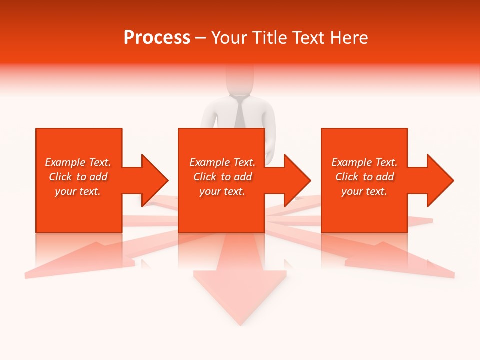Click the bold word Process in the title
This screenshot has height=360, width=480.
157,38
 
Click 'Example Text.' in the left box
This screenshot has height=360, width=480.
78,162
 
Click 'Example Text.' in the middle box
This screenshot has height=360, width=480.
222,162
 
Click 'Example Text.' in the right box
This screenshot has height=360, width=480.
364,162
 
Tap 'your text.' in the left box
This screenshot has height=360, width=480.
78,191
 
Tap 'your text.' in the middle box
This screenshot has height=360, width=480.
222,191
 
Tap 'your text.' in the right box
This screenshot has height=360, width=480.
364,191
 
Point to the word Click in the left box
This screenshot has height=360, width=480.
60,177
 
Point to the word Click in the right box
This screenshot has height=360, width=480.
347,177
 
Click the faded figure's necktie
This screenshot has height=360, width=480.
240,112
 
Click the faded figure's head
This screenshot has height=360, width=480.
240,80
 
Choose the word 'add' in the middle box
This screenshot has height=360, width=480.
243,177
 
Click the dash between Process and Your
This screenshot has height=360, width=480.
200,38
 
